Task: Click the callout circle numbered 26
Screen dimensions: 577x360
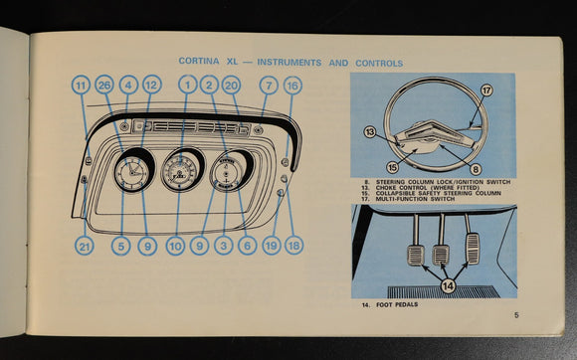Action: (104, 85)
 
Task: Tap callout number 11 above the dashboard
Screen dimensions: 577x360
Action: (81, 86)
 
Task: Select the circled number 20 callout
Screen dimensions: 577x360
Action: (231, 86)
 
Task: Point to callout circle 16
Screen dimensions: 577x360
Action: (292, 86)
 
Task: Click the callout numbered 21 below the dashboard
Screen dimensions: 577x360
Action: (85, 246)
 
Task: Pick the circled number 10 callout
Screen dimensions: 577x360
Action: (175, 246)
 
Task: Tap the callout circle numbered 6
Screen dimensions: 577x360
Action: (248, 246)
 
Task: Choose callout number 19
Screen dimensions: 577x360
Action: (272, 246)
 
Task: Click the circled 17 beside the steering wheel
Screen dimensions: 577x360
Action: (486, 90)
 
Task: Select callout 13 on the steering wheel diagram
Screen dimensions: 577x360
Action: (370, 131)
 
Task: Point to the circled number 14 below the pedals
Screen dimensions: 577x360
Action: (449, 285)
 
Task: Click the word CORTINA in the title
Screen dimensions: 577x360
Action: (199, 61)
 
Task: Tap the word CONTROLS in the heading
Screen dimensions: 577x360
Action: (379, 64)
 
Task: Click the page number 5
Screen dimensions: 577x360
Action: (516, 315)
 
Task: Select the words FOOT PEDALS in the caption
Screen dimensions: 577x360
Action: (397, 304)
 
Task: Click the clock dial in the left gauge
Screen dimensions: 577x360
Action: (131, 172)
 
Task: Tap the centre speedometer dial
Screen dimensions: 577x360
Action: (180, 172)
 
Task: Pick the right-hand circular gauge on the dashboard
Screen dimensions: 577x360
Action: (226, 173)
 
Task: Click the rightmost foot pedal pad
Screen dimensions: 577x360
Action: (473, 249)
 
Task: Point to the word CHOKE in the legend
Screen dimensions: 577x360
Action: (386, 188)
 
